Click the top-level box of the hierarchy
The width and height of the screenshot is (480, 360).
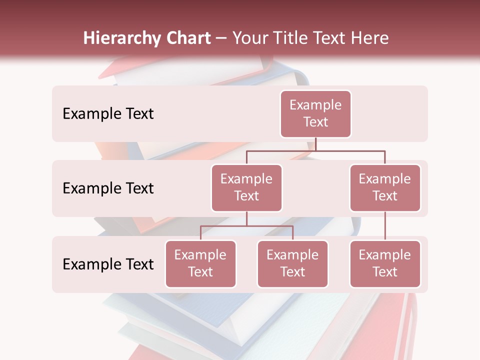click(x=315, y=114)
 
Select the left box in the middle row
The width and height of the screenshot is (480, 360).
click(x=246, y=188)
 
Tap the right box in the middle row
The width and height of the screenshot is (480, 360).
click(x=385, y=188)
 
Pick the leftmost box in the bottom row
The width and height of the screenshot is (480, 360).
click(x=200, y=264)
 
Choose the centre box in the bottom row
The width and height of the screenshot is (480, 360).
click(x=292, y=264)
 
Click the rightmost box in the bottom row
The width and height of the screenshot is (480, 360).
click(x=385, y=264)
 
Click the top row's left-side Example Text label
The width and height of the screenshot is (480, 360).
click(x=108, y=114)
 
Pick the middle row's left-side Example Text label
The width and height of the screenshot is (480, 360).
click(x=108, y=188)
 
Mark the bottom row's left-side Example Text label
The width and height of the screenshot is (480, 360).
click(x=108, y=264)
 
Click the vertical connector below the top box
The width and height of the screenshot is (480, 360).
click(x=315, y=144)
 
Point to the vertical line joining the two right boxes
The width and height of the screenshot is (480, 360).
click(x=385, y=226)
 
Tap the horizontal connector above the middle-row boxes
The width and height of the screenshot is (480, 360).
click(x=315, y=150)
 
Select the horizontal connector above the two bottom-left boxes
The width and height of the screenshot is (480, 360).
click(x=246, y=226)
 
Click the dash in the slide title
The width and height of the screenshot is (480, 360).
click(x=221, y=38)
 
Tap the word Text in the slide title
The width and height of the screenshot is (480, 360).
click(x=331, y=38)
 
